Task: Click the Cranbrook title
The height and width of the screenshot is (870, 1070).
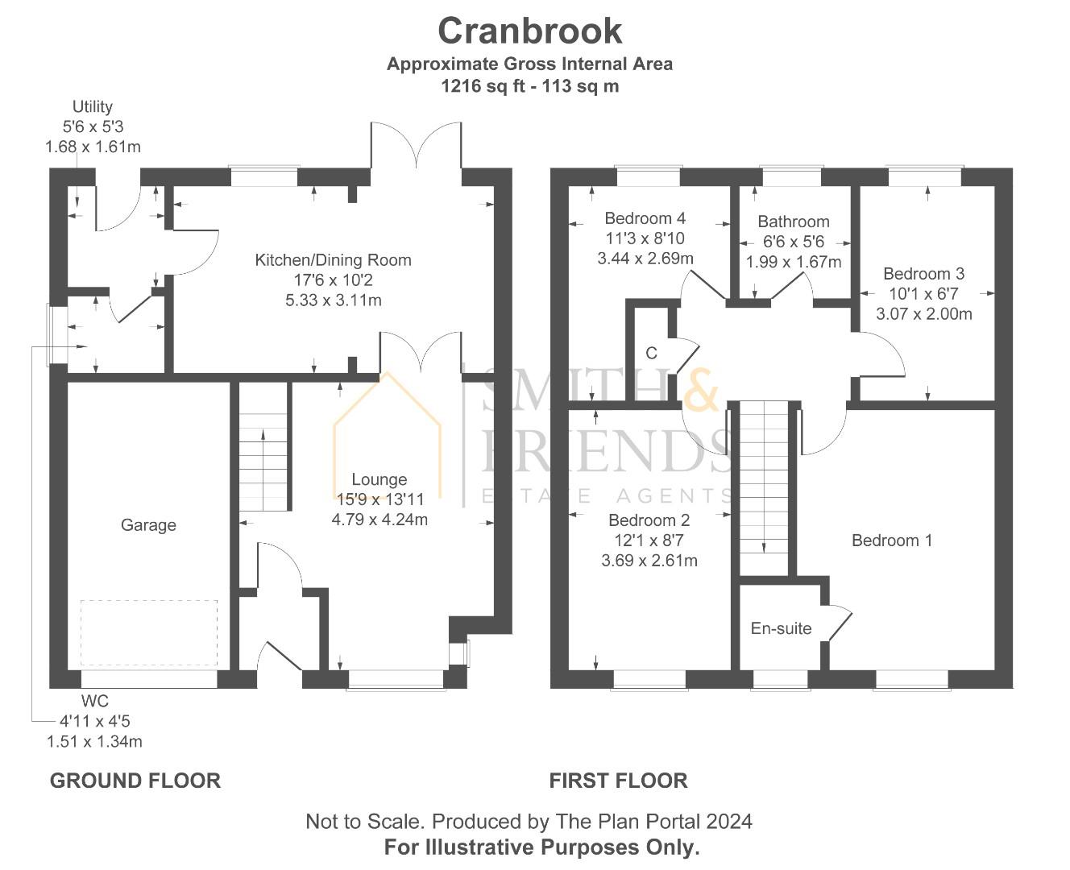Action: pyautogui.click(x=529, y=31)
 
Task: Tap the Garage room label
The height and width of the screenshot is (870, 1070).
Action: pyautogui.click(x=148, y=525)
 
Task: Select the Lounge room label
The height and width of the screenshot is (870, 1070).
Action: pyautogui.click(x=379, y=479)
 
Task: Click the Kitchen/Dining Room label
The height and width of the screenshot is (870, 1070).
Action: pyautogui.click(x=333, y=260)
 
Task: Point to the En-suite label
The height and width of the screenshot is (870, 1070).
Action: pyautogui.click(x=781, y=628)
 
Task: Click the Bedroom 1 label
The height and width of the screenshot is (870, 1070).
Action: pyautogui.click(x=892, y=541)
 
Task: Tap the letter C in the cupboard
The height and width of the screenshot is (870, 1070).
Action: pyautogui.click(x=651, y=354)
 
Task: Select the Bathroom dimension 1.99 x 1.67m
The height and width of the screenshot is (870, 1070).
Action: pyautogui.click(x=793, y=262)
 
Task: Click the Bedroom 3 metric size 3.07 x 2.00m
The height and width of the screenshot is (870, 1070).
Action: pyautogui.click(x=923, y=314)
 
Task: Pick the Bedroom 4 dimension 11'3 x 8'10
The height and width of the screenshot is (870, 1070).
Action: pyautogui.click(x=645, y=238)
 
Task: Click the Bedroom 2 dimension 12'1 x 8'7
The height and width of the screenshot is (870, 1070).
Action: pyautogui.click(x=649, y=541)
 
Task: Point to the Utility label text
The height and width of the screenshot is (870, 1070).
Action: pyautogui.click(x=93, y=106)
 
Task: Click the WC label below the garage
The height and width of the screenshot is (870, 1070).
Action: pyautogui.click(x=94, y=701)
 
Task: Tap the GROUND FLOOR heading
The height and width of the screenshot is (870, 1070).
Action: pyautogui.click(x=135, y=781)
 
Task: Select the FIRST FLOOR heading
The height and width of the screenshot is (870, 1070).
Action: pyautogui.click(x=618, y=781)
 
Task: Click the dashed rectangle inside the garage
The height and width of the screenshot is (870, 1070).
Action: pyautogui.click(x=149, y=632)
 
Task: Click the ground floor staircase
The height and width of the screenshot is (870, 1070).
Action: pyautogui.click(x=263, y=459)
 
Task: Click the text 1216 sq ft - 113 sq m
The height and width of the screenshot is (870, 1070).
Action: pyautogui.click(x=529, y=86)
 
